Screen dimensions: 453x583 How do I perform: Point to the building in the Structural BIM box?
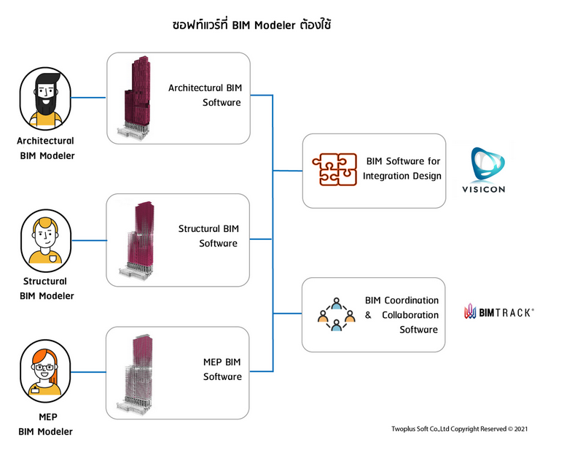[134, 239]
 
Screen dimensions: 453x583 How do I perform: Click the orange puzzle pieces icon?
[335, 170]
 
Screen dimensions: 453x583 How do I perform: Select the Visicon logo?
[488, 171]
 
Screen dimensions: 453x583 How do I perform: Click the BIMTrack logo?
[499, 313]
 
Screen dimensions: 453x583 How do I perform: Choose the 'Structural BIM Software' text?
[208, 236]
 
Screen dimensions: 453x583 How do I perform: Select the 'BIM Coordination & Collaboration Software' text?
[402, 314]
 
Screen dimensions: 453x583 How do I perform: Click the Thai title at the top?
[251, 26]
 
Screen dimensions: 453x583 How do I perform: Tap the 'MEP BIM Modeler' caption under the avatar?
[46, 425]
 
